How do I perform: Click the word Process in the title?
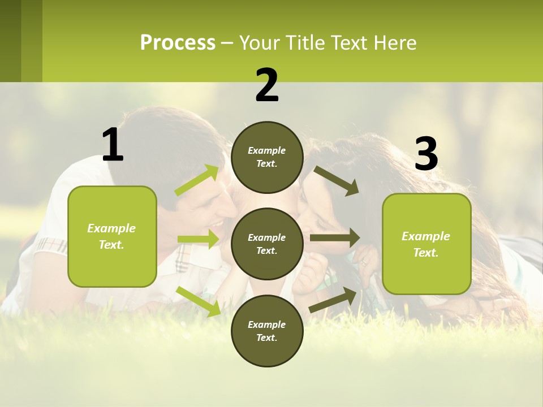tap(178, 43)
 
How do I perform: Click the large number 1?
tap(113, 145)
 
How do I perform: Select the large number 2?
tap(267, 85)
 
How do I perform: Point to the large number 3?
tap(426, 154)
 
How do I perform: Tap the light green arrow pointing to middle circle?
tap(198, 239)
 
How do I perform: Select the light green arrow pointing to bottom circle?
tap(199, 301)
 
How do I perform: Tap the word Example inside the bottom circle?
tap(267, 324)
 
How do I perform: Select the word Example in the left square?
tap(111, 228)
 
